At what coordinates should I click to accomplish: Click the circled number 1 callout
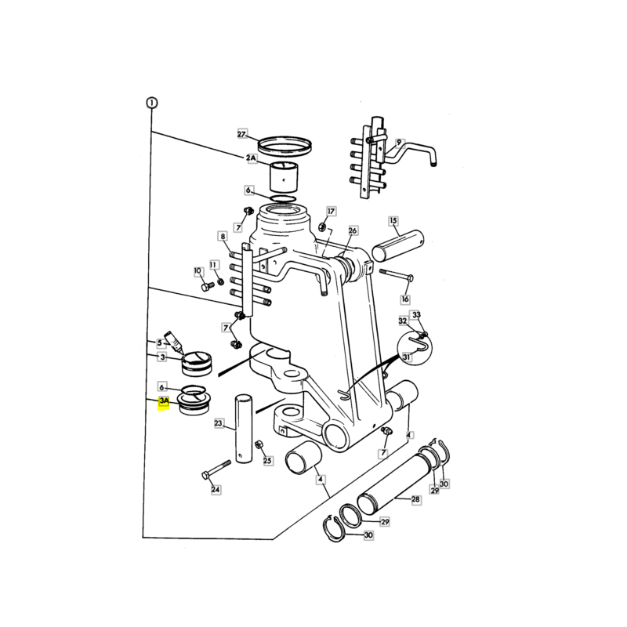[x=151, y=103]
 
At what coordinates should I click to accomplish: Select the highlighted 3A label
[x=164, y=400]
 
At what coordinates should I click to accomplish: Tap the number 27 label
[x=242, y=134]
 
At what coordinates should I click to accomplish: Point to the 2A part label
[x=251, y=158]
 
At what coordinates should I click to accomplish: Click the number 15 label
[x=393, y=221]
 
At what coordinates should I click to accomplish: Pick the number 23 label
[x=219, y=423]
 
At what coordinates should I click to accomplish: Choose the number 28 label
[x=416, y=499]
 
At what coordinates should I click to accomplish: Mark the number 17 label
[x=331, y=211]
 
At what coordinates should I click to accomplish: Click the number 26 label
[x=353, y=230]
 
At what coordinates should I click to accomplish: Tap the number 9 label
[x=399, y=143]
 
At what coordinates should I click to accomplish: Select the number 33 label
[x=417, y=315]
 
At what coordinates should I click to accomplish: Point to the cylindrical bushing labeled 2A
[x=283, y=177]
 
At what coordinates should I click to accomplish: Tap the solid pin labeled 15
[x=397, y=245]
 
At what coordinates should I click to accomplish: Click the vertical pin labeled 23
[x=244, y=429]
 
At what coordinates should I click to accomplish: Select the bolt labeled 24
[x=216, y=468]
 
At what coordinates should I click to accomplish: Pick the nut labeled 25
[x=259, y=444]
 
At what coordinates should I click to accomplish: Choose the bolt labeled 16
[x=397, y=275]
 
